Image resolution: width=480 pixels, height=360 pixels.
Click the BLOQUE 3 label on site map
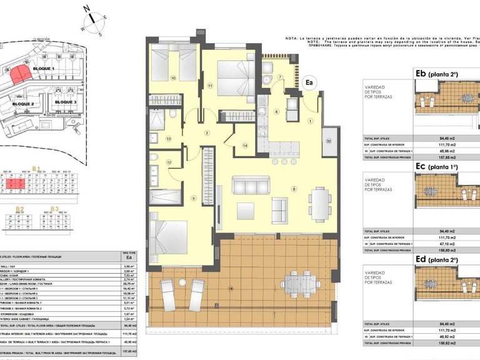[65, 101]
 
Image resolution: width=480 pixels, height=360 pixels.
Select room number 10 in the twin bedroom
[173, 78]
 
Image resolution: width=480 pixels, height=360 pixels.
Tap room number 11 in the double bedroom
[211, 84]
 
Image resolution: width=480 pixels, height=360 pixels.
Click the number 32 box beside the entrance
[329, 141]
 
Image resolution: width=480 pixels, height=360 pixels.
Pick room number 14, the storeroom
[245, 145]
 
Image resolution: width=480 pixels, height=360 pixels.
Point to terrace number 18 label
[231, 288]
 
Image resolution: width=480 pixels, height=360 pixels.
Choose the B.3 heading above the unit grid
[54, 208]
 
